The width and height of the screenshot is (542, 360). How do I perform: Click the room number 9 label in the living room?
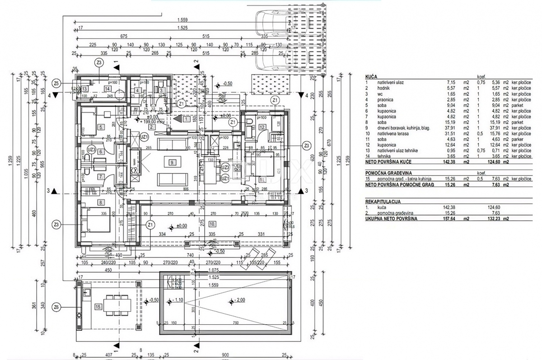172,162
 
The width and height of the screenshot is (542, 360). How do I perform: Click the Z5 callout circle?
56,83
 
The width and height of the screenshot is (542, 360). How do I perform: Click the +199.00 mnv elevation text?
151,122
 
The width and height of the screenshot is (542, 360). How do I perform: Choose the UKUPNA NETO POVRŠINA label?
391,219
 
